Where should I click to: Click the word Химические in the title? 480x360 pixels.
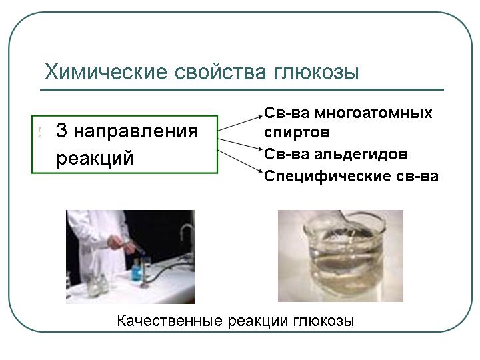[x=106, y=72]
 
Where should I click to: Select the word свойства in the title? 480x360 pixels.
[x=221, y=72]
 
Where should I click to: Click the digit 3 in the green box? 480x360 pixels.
[x=61, y=130]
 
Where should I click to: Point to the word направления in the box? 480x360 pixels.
[x=136, y=132]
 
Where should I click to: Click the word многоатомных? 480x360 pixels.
[x=373, y=113]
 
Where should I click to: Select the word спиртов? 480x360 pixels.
[x=297, y=133]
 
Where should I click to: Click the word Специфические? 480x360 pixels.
[x=327, y=177]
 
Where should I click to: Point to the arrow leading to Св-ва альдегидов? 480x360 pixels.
[x=240, y=144]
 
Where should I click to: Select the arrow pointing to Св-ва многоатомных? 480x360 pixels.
[x=240, y=123]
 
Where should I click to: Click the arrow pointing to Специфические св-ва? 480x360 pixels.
[x=240, y=161]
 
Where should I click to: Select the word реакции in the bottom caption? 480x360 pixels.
[x=259, y=322]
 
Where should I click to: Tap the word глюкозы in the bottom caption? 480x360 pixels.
[x=324, y=322]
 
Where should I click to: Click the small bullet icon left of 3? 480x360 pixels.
[x=39, y=133]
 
